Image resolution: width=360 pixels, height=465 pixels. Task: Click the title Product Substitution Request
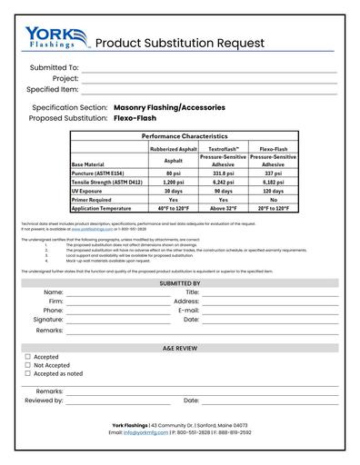coord(180,43)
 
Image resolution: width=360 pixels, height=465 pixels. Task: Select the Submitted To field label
coord(54,68)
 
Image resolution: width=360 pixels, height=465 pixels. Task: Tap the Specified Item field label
coord(52,90)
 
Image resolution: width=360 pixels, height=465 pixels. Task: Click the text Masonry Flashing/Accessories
coord(169,107)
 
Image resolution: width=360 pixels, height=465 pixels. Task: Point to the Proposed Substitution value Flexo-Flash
coord(137,118)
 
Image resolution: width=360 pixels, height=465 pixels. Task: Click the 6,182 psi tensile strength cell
coord(274,182)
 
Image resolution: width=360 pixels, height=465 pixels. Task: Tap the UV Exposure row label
coord(93,191)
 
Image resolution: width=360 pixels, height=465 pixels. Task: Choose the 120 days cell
coord(274,191)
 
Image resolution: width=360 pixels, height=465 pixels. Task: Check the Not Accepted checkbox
coord(28,365)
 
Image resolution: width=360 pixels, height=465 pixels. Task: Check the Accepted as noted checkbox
coord(28,373)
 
